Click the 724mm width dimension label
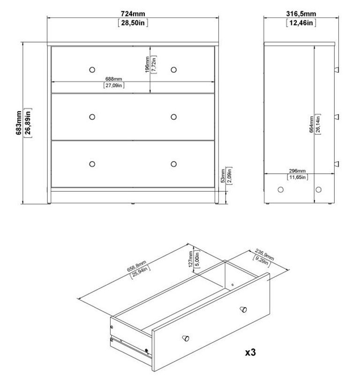[x=133, y=14]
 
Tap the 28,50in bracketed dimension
[x=133, y=23]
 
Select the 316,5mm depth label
[x=301, y=14]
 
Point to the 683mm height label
[x=18, y=123]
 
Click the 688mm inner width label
[x=113, y=79]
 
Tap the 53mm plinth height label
[x=222, y=176]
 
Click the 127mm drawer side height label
[x=191, y=258]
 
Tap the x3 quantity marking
[x=250, y=351]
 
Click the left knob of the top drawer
[x=91, y=69]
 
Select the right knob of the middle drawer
[x=173, y=117]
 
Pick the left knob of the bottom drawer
[x=91, y=163]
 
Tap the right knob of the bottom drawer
[x=173, y=163]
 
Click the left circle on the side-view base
[x=281, y=190]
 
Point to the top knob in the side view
[x=336, y=69]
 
